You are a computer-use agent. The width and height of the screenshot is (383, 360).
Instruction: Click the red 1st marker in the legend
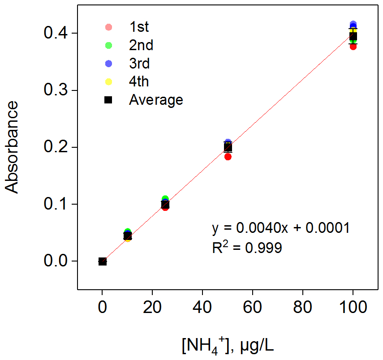108,27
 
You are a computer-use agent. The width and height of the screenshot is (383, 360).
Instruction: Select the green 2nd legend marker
108,46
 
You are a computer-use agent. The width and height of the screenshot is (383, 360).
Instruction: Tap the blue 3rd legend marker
108,64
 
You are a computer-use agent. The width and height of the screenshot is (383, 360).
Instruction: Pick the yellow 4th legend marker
108,82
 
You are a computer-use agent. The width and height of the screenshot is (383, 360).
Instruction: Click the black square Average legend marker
108,100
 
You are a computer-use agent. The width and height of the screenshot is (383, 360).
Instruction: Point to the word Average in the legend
156,100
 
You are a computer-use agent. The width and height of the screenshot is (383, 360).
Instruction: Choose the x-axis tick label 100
353,309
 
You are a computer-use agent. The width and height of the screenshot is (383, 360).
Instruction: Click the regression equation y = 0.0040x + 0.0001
280,228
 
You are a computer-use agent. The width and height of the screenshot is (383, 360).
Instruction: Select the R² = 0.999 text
247,247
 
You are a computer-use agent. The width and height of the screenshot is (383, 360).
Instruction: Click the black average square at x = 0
103,261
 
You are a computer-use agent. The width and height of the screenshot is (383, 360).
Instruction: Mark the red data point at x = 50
228,156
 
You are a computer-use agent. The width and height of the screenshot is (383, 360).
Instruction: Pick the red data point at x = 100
353,46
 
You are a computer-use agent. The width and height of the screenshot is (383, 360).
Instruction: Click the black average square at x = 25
165,205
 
